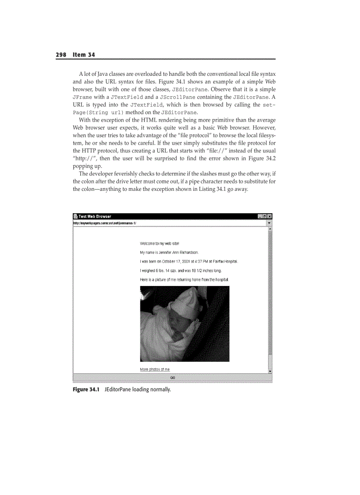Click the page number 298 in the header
pos(61,55)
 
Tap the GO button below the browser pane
pos(172,378)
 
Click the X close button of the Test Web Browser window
pos(270,216)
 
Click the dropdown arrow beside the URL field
pos(270,223)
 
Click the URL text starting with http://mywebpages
pos(105,223)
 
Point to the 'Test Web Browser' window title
pos(95,216)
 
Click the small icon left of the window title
pos(75,216)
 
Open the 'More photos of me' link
pos(154,369)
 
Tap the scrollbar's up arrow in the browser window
pos(270,229)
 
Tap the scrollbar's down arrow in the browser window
pos(270,372)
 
